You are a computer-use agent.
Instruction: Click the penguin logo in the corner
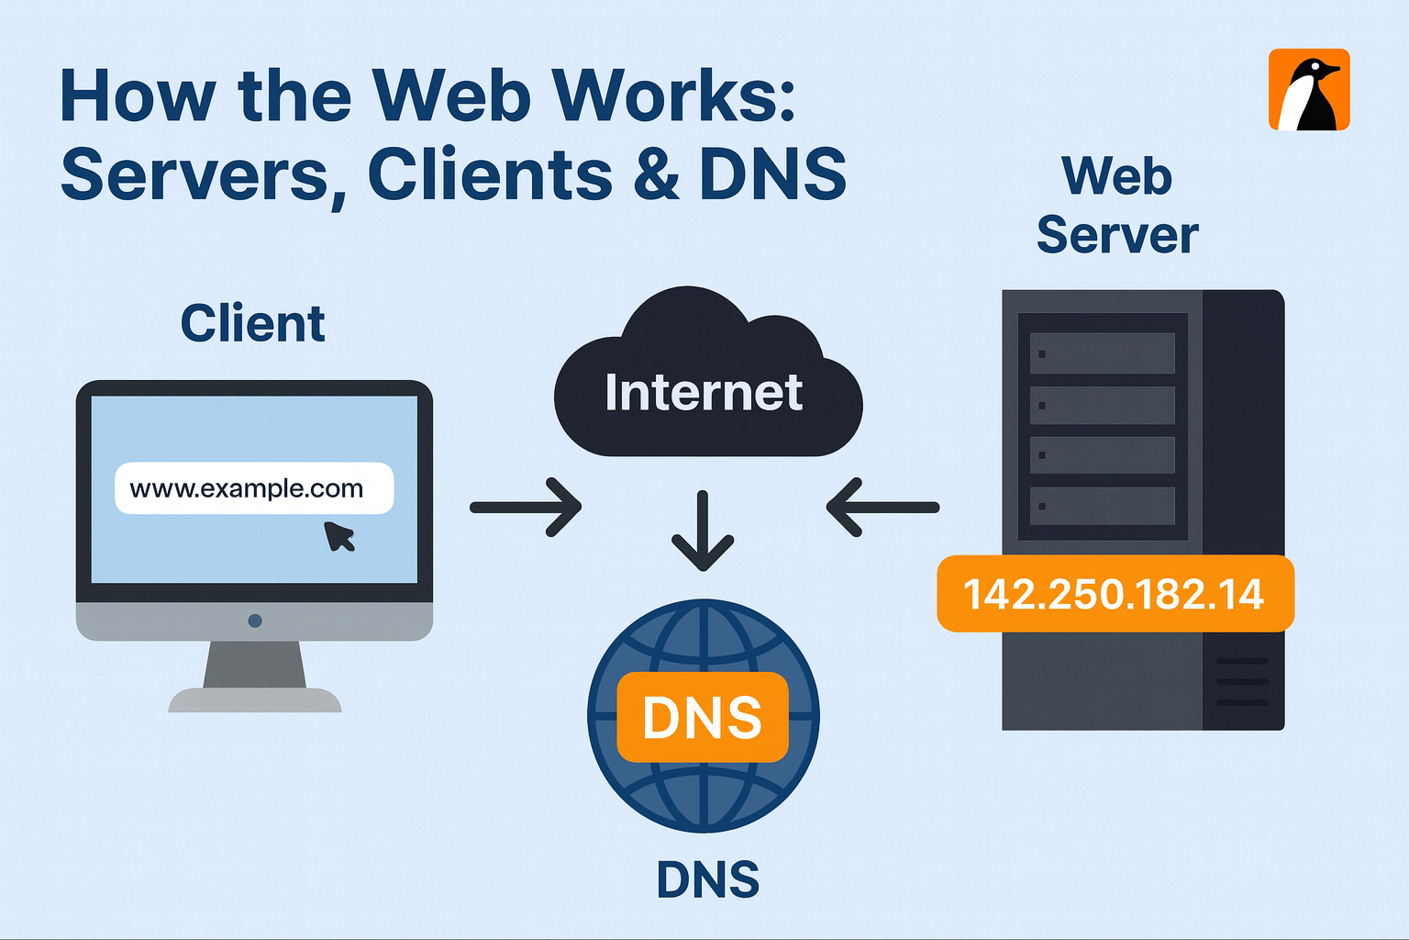1309,90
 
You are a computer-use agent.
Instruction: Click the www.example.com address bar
253,488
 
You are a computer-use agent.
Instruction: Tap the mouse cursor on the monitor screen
339,536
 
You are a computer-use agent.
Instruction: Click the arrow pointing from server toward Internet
882,507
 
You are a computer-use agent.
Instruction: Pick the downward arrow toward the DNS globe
703,532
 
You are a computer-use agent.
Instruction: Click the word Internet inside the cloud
704,393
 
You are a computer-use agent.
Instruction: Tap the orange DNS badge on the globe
703,718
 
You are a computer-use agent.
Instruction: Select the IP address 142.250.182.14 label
1115,594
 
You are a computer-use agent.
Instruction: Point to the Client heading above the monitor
253,324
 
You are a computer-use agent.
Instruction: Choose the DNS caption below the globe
708,879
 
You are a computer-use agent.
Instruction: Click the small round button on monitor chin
255,621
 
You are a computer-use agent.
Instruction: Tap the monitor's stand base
255,700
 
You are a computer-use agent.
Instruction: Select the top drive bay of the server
1102,353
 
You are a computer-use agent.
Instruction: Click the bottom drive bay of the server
1102,506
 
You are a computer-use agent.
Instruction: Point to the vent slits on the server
1242,682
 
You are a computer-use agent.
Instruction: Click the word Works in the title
675,95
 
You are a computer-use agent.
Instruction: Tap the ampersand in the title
656,174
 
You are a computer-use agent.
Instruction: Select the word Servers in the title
194,174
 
